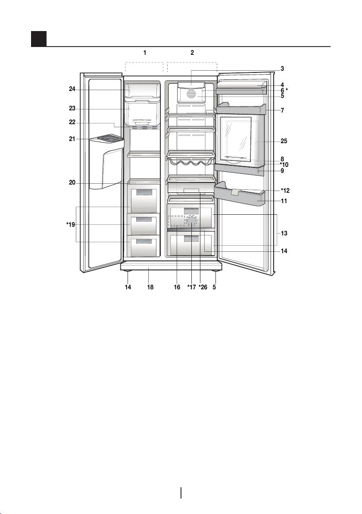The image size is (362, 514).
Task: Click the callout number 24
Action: click(x=72, y=90)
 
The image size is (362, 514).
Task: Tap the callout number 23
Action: click(x=72, y=110)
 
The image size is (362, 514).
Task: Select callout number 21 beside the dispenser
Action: click(x=72, y=139)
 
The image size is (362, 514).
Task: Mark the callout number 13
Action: click(x=284, y=233)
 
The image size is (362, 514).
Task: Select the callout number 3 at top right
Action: click(x=282, y=68)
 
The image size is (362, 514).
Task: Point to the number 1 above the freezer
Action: click(x=145, y=53)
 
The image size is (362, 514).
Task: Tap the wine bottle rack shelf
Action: click(x=191, y=163)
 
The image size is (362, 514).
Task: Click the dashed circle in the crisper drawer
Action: click(x=191, y=221)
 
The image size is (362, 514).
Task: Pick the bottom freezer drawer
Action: click(x=144, y=246)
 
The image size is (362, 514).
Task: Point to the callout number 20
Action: click(x=72, y=182)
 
